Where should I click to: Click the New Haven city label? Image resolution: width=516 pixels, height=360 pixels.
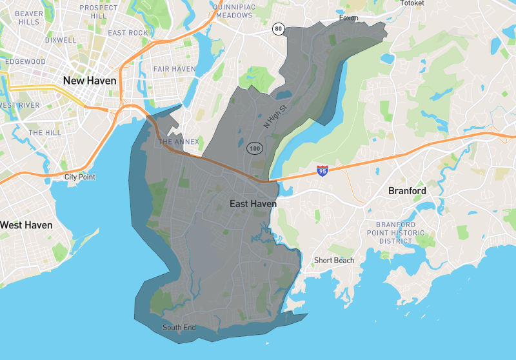[90, 81]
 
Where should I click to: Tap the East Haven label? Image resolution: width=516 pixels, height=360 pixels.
[253, 204]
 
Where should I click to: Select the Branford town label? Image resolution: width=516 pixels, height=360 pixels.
[407, 191]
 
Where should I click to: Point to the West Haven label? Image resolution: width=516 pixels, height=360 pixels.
[26, 225]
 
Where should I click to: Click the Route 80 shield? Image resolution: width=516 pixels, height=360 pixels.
[278, 28]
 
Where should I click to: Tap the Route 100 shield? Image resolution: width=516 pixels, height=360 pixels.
[253, 148]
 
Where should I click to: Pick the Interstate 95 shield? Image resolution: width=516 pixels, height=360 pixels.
[322, 170]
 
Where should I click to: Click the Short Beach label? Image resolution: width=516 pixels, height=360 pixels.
[334, 261]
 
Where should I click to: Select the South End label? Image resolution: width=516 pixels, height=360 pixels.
[179, 328]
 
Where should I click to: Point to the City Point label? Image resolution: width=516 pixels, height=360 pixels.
[80, 177]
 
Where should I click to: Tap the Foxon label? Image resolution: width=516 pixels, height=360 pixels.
[348, 18]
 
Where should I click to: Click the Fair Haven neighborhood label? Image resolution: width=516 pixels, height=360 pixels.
[174, 69]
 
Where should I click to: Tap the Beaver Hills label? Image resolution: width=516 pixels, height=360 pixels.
[28, 17]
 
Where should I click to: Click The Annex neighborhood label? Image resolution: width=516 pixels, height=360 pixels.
[179, 142]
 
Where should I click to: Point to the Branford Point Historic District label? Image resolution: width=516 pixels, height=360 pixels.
[395, 233]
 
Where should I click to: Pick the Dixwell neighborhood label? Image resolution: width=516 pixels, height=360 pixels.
[61, 40]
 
